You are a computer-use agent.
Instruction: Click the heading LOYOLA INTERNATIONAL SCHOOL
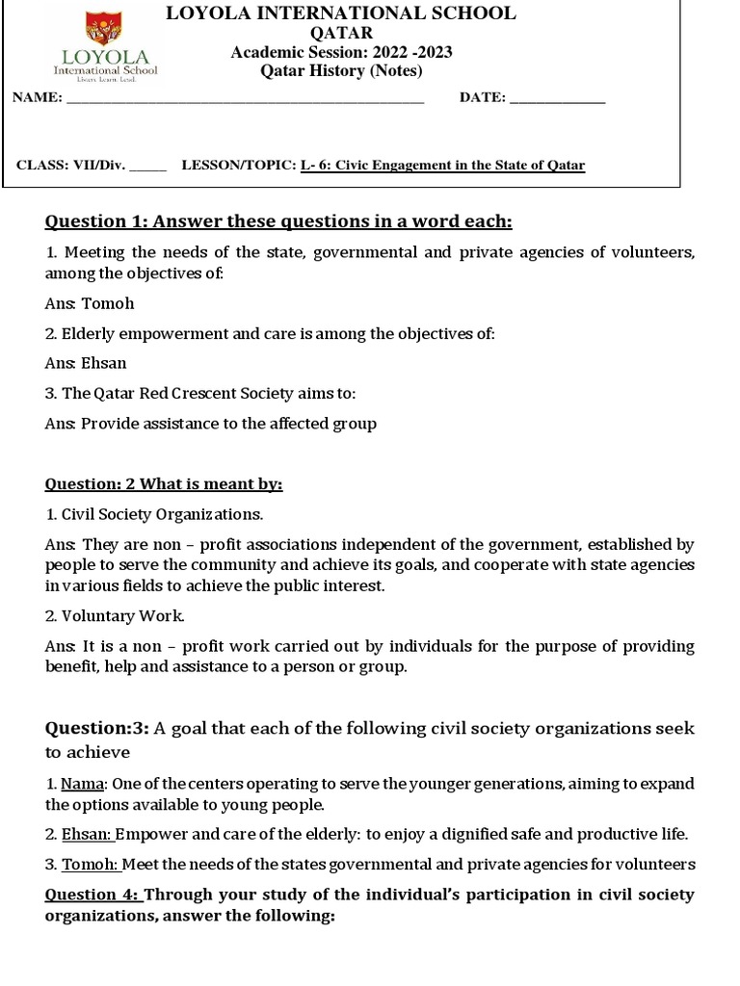click(341, 13)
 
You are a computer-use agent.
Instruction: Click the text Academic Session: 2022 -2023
click(341, 52)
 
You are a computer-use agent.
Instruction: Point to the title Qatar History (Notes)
click(341, 71)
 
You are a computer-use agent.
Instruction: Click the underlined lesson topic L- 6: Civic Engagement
click(442, 165)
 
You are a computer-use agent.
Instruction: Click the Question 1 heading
click(278, 222)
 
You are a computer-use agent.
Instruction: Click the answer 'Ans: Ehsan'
click(86, 363)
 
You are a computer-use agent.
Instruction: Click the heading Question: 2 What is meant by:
click(164, 483)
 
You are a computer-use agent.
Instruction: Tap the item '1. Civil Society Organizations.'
click(154, 514)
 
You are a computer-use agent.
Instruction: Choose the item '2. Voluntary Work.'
click(115, 615)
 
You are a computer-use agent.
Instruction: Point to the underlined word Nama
click(83, 783)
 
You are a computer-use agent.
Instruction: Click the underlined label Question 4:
click(92, 895)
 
